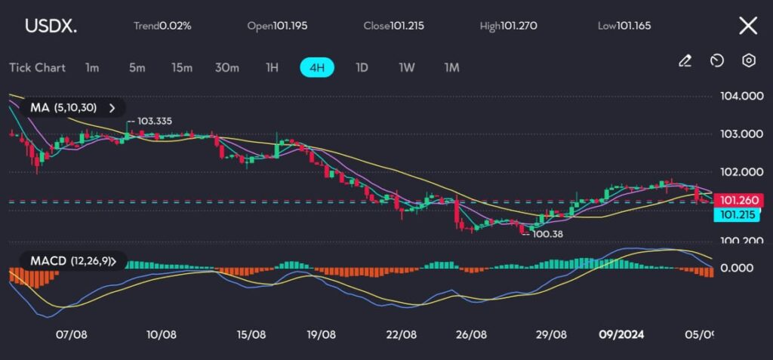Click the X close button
(747, 26)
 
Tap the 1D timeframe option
(362, 67)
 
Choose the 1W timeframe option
(407, 67)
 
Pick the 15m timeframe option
(181, 67)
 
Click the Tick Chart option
(37, 67)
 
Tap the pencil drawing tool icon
(685, 61)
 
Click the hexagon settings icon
(749, 60)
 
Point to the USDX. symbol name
(51, 26)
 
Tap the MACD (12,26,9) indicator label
(72, 261)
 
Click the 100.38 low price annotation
(547, 234)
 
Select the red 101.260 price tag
(739, 200)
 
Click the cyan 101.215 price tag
(739, 214)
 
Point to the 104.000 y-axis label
(741, 96)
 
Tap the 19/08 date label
(322, 334)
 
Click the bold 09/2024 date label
(621, 334)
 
